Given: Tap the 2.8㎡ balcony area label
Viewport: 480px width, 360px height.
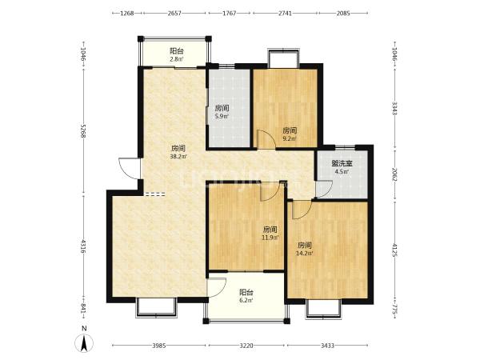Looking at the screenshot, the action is click(x=177, y=59).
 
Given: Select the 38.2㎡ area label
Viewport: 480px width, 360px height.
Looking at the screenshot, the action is click(x=178, y=157).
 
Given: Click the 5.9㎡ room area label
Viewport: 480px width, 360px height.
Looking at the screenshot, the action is click(x=222, y=116).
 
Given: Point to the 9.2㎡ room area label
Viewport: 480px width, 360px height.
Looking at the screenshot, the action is click(x=290, y=138).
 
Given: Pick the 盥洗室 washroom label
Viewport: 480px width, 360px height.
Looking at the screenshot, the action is click(x=342, y=163).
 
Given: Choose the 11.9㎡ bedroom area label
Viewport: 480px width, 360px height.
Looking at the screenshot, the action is click(x=270, y=238).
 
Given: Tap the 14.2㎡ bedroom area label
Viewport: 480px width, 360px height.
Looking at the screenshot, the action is click(x=305, y=253).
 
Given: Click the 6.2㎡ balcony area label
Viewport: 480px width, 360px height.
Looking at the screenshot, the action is click(x=246, y=300).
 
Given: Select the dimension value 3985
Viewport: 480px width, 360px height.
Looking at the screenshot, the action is click(x=159, y=346).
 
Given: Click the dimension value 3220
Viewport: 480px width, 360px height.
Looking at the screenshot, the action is click(x=246, y=346).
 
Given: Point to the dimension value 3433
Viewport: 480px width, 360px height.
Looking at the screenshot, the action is click(x=327, y=346).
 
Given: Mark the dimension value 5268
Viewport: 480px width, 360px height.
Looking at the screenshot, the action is click(x=83, y=130).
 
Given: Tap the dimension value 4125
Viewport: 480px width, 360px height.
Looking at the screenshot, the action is click(x=395, y=250).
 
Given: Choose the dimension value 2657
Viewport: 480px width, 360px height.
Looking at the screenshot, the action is click(x=174, y=13).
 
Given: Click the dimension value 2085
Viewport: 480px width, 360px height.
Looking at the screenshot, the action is click(x=343, y=13).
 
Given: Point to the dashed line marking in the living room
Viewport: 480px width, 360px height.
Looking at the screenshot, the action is click(x=155, y=194).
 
